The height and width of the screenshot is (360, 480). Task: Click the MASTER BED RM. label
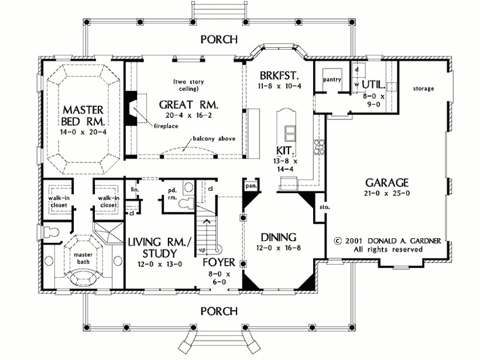[x=84, y=115]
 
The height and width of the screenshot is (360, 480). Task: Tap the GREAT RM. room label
[x=188, y=105]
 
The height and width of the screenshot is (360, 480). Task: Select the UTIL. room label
[x=375, y=85]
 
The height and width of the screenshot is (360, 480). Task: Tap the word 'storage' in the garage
[x=423, y=88]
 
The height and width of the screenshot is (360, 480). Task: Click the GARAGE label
[x=386, y=181]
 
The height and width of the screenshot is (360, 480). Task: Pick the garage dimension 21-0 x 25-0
[x=386, y=193]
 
